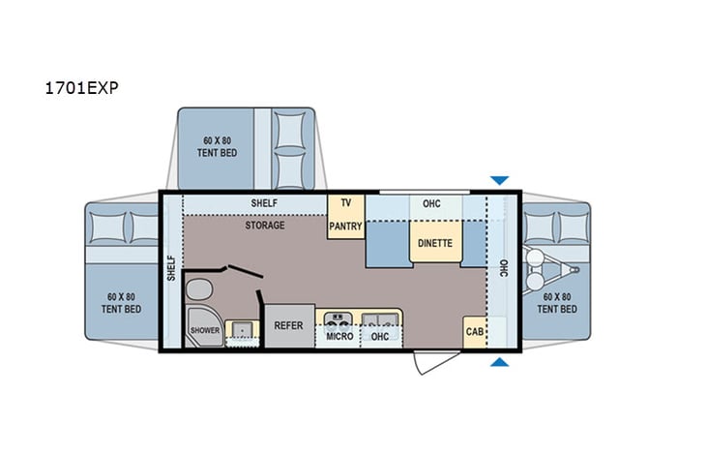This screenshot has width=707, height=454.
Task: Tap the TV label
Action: [344, 204]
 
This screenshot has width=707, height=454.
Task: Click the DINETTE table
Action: [435, 243]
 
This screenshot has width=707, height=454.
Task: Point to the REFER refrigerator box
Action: [289, 327]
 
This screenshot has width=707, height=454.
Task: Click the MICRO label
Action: [339, 336]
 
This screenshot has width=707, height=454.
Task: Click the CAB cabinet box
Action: [474, 331]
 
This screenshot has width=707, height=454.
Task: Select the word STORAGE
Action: [264, 226]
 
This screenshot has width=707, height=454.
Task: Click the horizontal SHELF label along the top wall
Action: [264, 203]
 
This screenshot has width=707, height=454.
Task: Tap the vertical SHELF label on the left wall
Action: [171, 268]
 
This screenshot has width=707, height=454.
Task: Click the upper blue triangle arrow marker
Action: [499, 180]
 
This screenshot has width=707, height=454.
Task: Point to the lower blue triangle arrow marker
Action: [499, 362]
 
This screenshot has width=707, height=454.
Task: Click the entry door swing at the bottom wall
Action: [426, 362]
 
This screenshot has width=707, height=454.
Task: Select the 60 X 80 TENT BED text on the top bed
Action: [215, 146]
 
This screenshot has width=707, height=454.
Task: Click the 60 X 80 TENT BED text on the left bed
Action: [121, 302]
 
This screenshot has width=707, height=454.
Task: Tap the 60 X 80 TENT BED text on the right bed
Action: [559, 302]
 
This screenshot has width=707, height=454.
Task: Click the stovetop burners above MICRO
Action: [339, 318]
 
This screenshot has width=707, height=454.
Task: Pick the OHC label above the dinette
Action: [431, 203]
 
